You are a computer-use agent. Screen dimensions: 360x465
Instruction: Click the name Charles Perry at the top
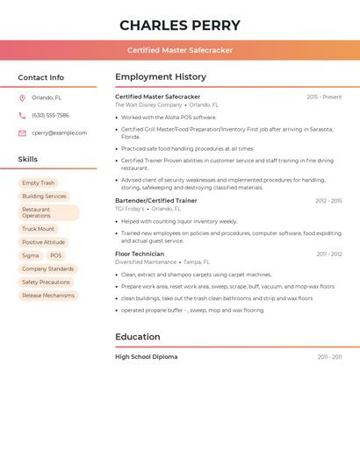(180, 25)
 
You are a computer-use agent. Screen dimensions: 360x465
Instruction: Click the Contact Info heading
(41, 77)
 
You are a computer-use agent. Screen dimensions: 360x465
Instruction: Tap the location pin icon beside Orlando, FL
(22, 98)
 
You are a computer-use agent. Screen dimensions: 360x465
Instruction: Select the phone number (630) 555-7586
(50, 116)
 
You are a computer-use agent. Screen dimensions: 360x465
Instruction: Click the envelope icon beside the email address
(22, 133)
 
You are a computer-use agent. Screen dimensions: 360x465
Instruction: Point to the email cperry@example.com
(60, 133)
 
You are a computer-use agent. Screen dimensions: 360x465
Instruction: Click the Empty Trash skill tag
(38, 182)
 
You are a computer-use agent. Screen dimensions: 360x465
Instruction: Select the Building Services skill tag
(44, 197)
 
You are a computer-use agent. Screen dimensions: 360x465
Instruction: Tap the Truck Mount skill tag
(38, 229)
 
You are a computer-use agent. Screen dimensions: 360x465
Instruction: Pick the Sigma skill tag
(31, 255)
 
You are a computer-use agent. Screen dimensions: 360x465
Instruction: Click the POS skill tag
(56, 255)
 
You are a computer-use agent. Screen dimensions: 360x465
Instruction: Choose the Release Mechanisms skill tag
(48, 296)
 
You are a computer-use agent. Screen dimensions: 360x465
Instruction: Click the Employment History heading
(161, 77)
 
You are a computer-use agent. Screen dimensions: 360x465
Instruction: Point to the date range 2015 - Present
(324, 97)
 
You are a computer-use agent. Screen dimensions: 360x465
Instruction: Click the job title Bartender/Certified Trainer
(156, 201)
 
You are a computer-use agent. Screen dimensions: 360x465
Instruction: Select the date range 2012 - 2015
(328, 201)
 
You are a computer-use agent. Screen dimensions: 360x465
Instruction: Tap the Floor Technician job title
(140, 254)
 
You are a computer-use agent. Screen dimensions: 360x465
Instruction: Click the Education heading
(138, 337)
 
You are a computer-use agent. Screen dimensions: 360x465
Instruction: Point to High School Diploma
(147, 357)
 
